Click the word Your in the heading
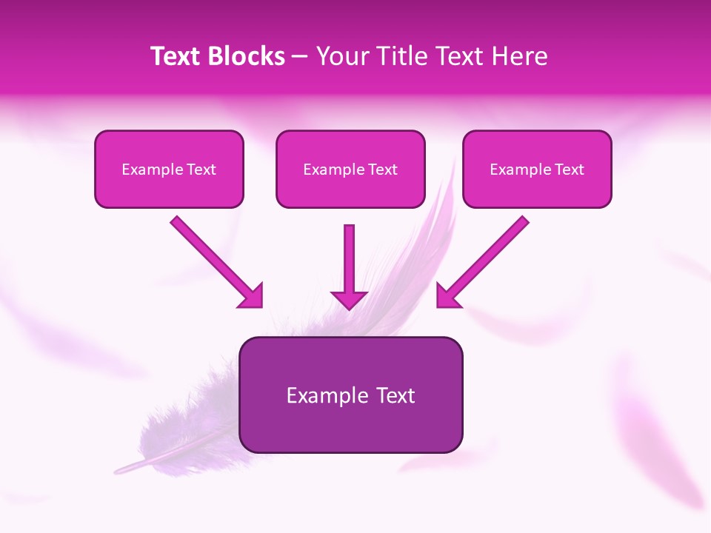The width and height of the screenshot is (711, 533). pyautogui.click(x=339, y=56)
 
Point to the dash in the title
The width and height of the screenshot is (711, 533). pyautogui.click(x=300, y=57)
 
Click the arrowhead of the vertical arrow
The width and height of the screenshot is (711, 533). pyautogui.click(x=349, y=298)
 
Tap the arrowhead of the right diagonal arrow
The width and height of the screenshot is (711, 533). pyautogui.click(x=447, y=296)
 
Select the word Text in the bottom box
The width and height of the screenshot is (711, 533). pyautogui.click(x=396, y=395)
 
